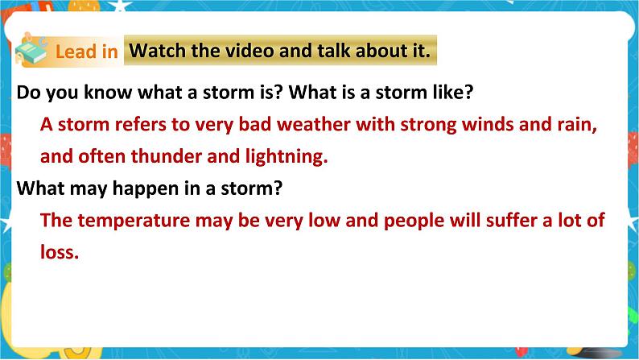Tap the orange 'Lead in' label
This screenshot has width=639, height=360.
tap(86, 52)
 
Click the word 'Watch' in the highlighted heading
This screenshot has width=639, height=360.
tap(158, 52)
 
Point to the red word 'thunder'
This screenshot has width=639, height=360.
tap(166, 157)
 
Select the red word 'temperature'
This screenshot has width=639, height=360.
tap(128, 220)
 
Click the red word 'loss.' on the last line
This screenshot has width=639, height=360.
tap(59, 251)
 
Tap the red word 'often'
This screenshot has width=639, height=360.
tap(98, 157)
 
